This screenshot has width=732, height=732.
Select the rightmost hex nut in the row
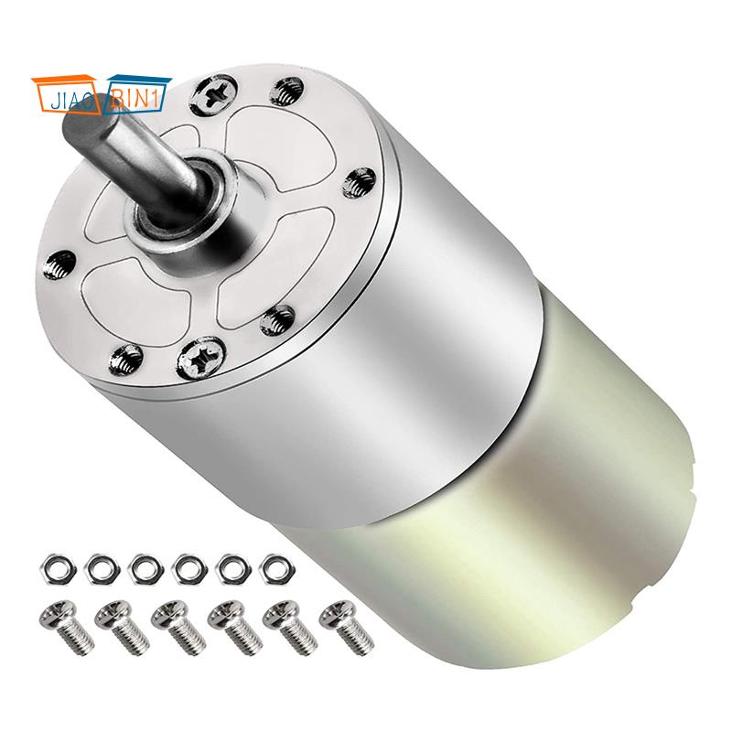click(273, 566)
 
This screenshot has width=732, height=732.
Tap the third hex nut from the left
click(142, 566)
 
